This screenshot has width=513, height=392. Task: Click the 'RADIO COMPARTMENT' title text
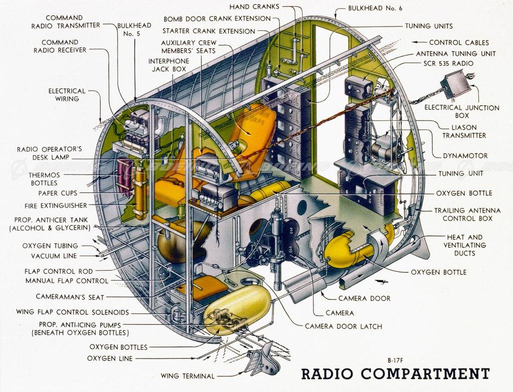[395, 374]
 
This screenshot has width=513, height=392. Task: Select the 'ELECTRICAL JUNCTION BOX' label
[461, 111]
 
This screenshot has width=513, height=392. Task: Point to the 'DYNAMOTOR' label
[465, 156]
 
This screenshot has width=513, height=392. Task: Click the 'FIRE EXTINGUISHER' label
[56, 205]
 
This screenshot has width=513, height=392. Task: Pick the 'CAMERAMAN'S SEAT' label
[70, 297]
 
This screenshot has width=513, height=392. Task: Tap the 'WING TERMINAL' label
[187, 376]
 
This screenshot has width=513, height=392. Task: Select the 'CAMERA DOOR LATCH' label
[343, 326]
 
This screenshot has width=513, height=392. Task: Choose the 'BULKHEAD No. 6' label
[375, 9]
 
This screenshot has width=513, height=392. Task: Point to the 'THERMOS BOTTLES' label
[44, 179]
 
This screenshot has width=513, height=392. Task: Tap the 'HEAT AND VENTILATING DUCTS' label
[464, 245]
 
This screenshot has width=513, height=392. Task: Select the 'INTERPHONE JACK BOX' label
[168, 65]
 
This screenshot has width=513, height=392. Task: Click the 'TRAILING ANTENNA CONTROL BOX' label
[463, 214]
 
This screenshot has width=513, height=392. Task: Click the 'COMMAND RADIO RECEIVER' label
[60, 46]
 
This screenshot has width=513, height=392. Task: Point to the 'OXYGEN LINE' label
[110, 358]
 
